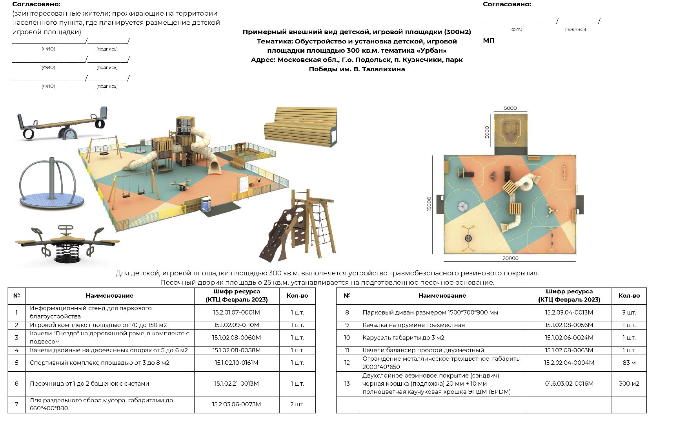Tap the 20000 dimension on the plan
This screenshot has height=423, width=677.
click(510, 258)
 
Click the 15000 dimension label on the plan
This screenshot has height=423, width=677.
click(429, 204)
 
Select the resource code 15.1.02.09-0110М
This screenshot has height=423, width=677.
click(236, 325)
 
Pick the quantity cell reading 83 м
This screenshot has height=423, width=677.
click(629, 363)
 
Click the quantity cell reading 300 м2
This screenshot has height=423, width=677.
click(629, 384)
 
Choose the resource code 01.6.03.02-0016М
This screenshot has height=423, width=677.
click(569, 384)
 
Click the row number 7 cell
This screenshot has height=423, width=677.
click(16, 404)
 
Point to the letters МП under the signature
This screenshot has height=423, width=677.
click(489, 41)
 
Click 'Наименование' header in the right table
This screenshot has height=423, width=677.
click(442, 296)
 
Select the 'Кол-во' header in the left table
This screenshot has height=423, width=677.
click(297, 296)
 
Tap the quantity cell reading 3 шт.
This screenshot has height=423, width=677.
click(629, 313)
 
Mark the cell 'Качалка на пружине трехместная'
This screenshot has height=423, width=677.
click(413, 325)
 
